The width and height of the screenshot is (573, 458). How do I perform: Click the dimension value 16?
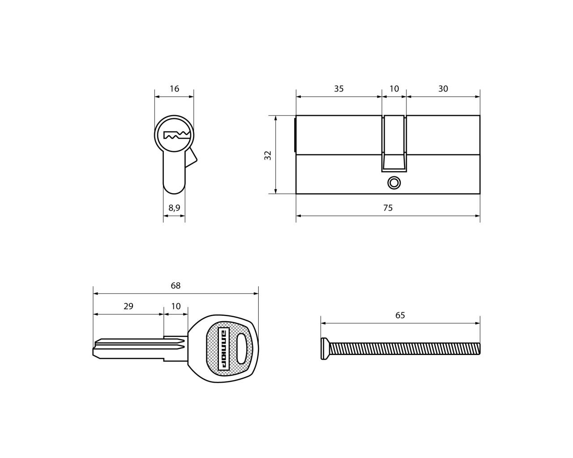pos(175,89)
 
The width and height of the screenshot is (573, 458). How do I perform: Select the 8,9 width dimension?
pos(174,208)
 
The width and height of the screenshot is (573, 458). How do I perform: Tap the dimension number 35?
pos(339,89)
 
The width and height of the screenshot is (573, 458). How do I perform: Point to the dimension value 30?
pos(443,89)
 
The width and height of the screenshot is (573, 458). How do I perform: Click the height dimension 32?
pos(268,155)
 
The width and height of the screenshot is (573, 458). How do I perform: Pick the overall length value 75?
pos(388,208)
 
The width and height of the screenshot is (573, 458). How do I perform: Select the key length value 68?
pos(175,285)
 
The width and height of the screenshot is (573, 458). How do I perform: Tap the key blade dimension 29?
pos(128,306)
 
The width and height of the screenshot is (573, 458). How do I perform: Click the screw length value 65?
pos(400,315)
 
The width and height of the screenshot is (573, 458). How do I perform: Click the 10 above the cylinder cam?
pos(394,89)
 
